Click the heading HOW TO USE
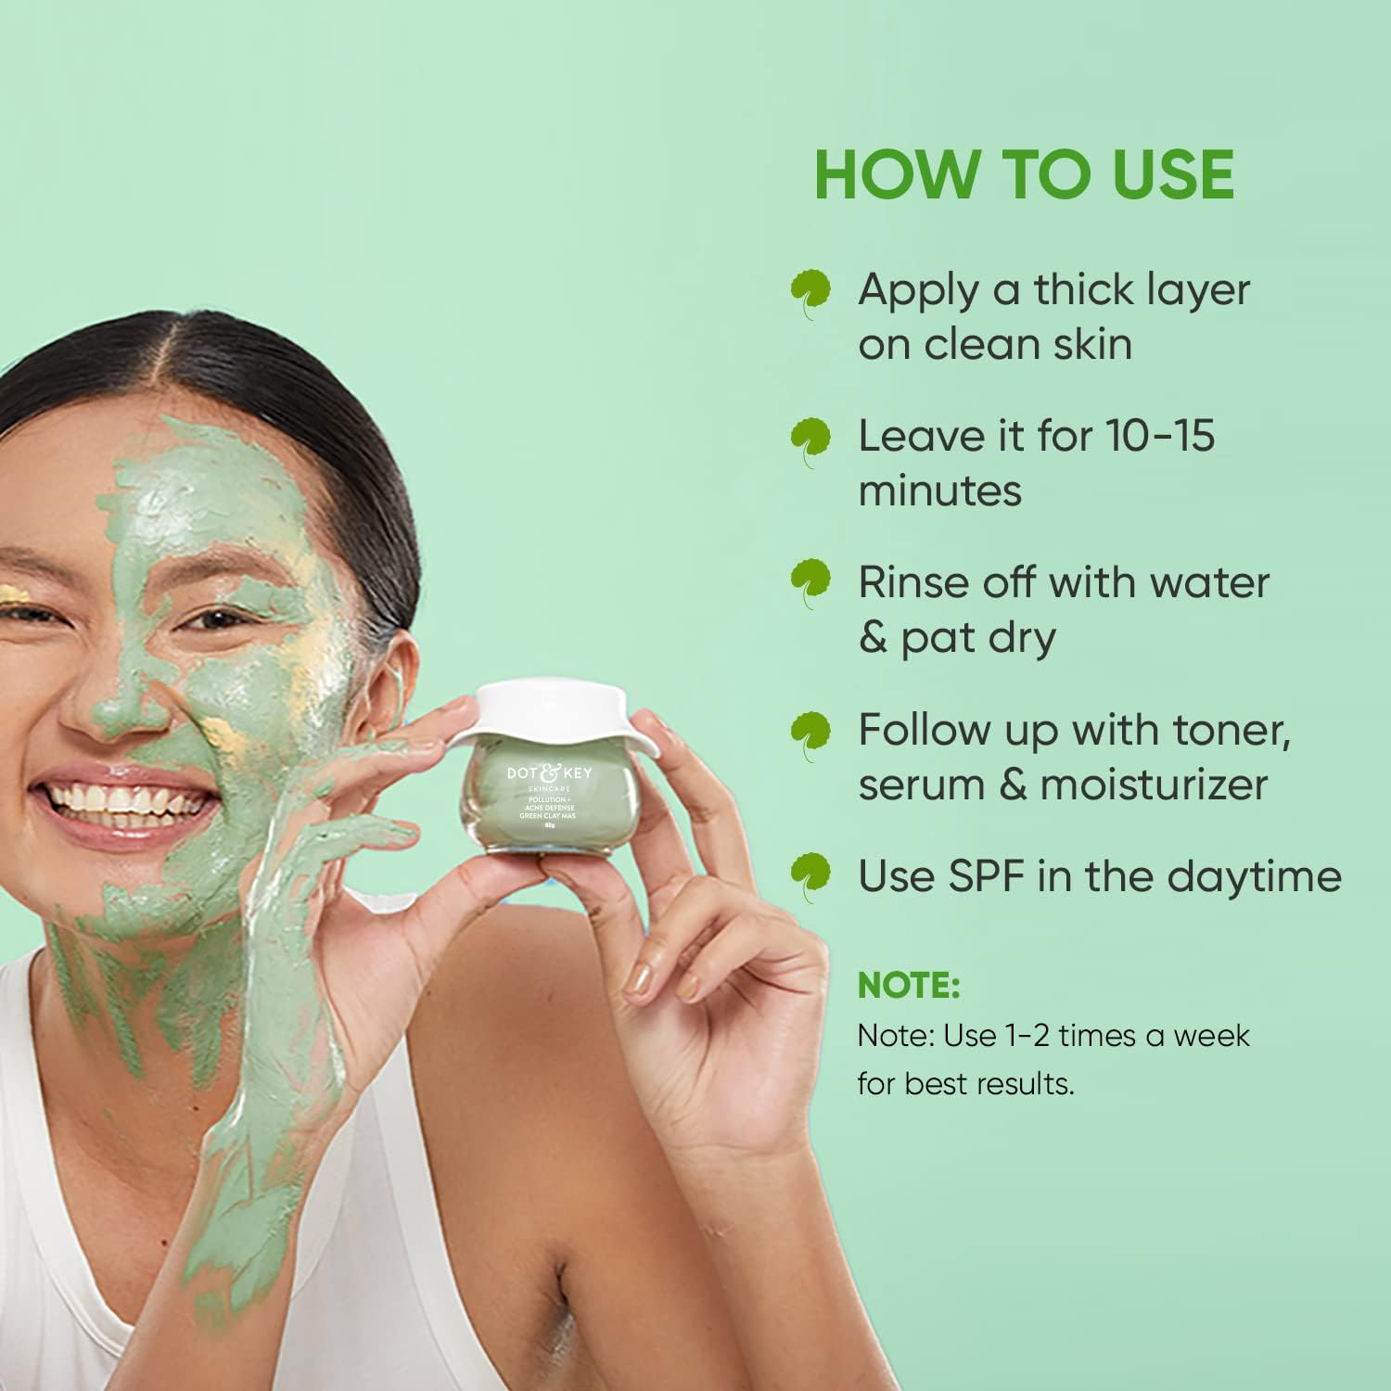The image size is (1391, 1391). pos(1024,174)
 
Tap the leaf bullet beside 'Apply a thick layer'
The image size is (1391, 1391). pos(810,291)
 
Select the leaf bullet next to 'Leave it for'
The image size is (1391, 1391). pos(810,439)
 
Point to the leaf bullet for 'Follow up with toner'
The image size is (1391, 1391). pos(810,734)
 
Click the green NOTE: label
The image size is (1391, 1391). pos(908,985)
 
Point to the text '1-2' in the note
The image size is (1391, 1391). pos(1027,1035)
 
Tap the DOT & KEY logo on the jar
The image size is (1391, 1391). pos(549,772)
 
